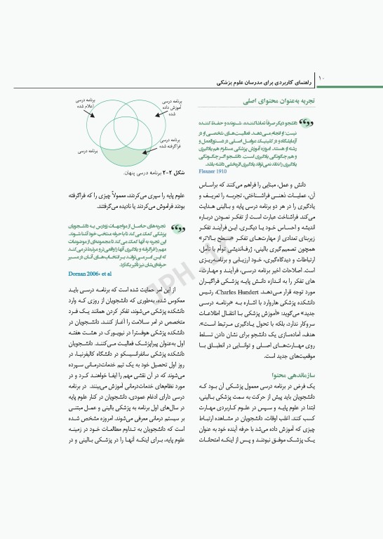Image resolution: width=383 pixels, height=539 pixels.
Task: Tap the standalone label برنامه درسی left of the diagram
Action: (x=84, y=150)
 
